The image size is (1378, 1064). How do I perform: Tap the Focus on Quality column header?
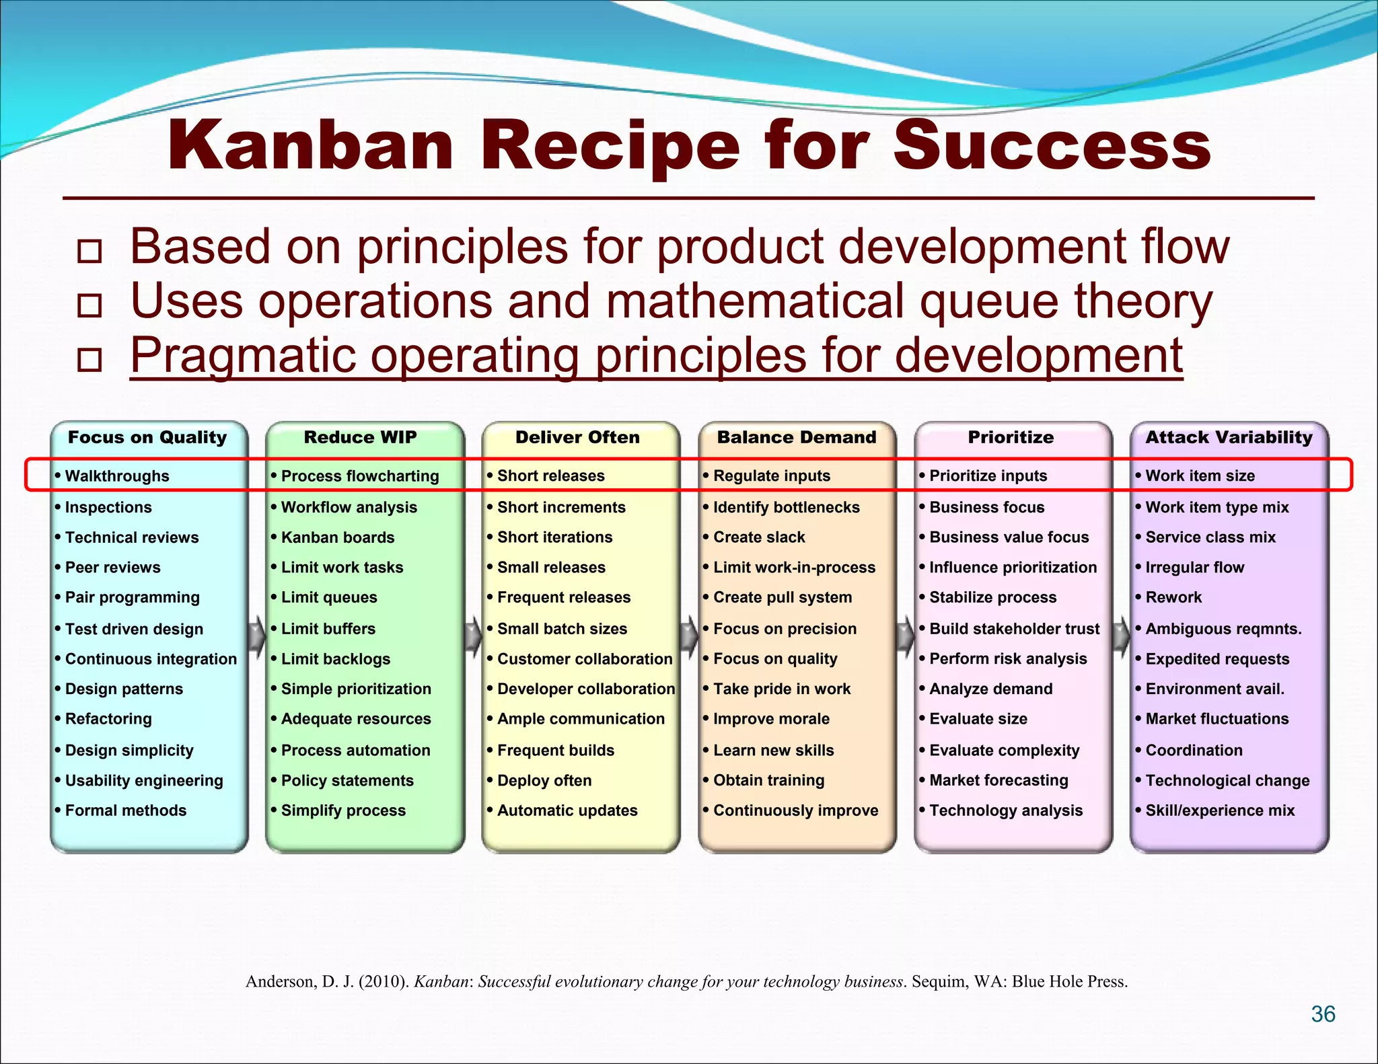pos(147,437)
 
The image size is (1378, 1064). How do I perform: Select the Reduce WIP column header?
pos(360,437)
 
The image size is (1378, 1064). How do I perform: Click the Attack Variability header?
pos(1229,437)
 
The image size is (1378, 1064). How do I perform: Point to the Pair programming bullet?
pos(132,597)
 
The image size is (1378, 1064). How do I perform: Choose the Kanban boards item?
pos(337,537)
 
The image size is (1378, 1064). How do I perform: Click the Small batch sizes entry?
pos(562,629)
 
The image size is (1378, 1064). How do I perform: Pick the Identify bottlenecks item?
pos(786,507)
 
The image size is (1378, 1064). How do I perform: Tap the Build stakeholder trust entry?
pos(1014,629)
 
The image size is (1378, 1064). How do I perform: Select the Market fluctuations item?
pos(1217,719)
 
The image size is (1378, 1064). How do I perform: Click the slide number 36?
pos(1323,1014)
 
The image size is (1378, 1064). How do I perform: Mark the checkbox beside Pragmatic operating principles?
pos(89,360)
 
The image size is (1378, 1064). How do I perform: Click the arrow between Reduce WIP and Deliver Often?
pos(474,634)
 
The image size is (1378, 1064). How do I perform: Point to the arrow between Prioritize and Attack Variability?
pos(1121,634)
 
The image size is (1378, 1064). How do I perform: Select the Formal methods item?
pos(125,810)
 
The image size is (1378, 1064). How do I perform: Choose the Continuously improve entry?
pos(795,810)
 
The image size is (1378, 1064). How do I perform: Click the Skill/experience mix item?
pos(1219,810)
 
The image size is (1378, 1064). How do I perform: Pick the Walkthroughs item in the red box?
pos(116,476)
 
